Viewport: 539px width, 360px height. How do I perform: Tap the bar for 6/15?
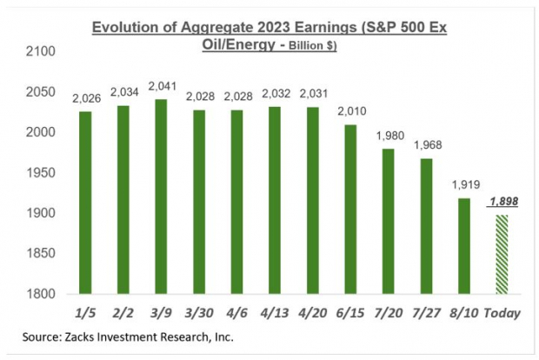click(350, 210)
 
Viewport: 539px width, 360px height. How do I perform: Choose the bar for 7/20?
click(388, 222)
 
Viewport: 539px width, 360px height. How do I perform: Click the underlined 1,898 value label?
click(502, 202)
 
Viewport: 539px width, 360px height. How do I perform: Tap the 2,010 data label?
click(350, 111)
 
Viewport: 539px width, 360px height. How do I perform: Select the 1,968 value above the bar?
click(426, 144)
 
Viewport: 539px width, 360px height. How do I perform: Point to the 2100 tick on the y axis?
click(42, 52)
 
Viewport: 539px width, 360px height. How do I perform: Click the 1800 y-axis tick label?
click(42, 294)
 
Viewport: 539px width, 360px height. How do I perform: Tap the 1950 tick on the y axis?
click(42, 173)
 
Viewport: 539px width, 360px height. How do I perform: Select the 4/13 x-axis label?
click(275, 310)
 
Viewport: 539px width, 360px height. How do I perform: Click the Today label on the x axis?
click(502, 310)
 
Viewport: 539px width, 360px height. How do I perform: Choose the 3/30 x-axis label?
click(199, 310)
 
